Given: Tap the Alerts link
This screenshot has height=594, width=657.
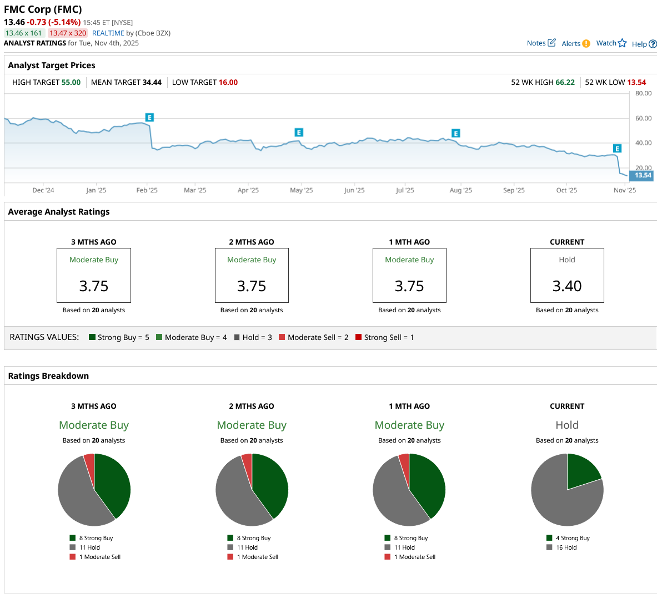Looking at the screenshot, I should pyautogui.click(x=575, y=44).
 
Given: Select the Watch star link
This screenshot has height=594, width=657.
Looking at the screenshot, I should pyautogui.click(x=611, y=43).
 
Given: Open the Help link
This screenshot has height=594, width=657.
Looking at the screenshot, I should pyautogui.click(x=644, y=44).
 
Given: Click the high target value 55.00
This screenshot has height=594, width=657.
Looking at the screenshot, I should pyautogui.click(x=71, y=83).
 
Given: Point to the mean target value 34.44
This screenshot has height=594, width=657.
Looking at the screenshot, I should pyautogui.click(x=152, y=83).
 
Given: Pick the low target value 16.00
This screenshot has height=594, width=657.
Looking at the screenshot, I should pyautogui.click(x=228, y=83).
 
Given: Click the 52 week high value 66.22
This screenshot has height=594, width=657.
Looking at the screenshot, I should pyautogui.click(x=565, y=83).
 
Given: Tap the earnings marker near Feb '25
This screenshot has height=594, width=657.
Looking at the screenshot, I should pyautogui.click(x=149, y=118).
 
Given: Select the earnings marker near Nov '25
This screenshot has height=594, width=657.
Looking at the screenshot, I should pyautogui.click(x=617, y=149).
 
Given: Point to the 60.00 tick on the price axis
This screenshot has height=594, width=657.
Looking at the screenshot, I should pyautogui.click(x=643, y=119).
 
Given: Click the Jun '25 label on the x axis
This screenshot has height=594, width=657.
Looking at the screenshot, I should pyautogui.click(x=354, y=190).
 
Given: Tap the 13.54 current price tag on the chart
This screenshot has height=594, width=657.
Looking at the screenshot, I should pyautogui.click(x=643, y=176).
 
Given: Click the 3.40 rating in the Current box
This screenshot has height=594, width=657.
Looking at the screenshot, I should pyautogui.click(x=567, y=286).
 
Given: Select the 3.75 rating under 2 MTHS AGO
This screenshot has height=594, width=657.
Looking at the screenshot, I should pyautogui.click(x=252, y=286).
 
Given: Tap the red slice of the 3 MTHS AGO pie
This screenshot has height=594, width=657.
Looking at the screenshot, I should pyautogui.click(x=89, y=461).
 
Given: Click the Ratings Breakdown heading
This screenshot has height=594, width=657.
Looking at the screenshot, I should pyautogui.click(x=48, y=376).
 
